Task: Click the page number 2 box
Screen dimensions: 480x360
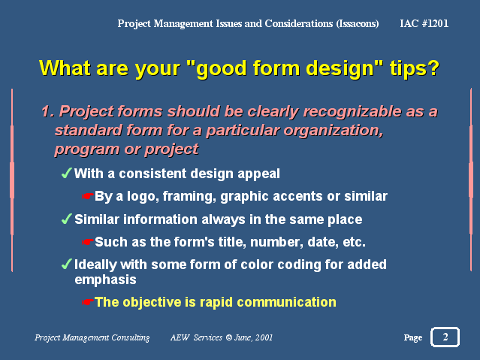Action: pyautogui.click(x=445, y=337)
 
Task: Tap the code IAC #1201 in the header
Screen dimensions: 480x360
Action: pyautogui.click(x=424, y=23)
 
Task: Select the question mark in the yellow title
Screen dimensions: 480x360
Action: pyautogui.click(x=433, y=68)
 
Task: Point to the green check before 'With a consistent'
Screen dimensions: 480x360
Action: pyautogui.click(x=66, y=173)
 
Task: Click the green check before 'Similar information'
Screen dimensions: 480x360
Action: pyautogui.click(x=66, y=219)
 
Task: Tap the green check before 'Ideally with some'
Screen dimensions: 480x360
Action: pyautogui.click(x=66, y=264)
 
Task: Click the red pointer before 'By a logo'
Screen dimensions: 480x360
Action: pyautogui.click(x=87, y=196)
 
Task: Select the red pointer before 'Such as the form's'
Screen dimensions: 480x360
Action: pyautogui.click(x=87, y=242)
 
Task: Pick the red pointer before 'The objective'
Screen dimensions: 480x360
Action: pyautogui.click(x=87, y=302)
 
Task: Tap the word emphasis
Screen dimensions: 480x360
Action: pyautogui.click(x=105, y=280)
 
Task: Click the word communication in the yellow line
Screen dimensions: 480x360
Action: pyautogui.click(x=286, y=302)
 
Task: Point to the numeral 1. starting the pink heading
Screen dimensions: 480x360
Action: pyautogui.click(x=48, y=111)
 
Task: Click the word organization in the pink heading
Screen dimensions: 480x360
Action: pyautogui.click(x=333, y=131)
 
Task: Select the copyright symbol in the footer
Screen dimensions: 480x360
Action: pyautogui.click(x=228, y=337)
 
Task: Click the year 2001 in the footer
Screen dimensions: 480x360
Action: pyautogui.click(x=264, y=337)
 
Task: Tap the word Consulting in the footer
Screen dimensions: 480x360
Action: pyautogui.click(x=131, y=338)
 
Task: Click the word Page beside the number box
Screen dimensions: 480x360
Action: pyautogui.click(x=413, y=338)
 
